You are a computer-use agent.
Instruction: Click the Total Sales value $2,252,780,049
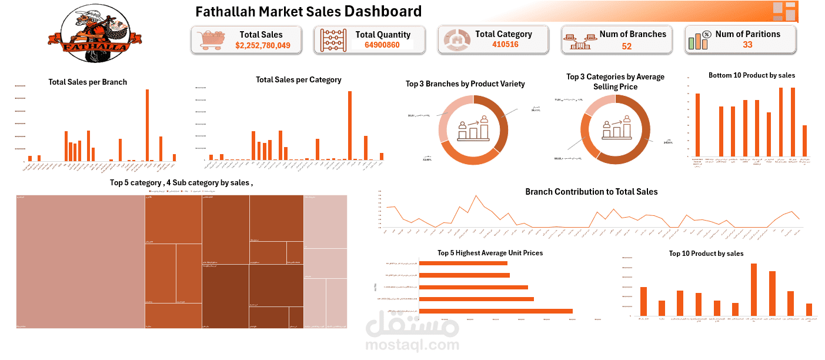[x=263, y=45]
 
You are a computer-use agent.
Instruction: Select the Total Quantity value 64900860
[x=382, y=45]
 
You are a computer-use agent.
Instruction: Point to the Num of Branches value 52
[x=626, y=46]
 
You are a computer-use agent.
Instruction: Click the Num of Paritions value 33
[x=747, y=45]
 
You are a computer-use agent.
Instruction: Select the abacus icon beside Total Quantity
[x=333, y=40]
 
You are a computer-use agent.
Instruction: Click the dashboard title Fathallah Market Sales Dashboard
[x=308, y=12]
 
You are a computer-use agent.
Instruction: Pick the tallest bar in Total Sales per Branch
[x=147, y=125]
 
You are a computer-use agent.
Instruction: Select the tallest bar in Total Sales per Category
[x=350, y=125]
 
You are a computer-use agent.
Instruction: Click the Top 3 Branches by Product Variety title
[x=465, y=84]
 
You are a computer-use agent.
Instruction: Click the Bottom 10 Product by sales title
[x=751, y=75]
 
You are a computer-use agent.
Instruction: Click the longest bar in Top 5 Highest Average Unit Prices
[x=495, y=311]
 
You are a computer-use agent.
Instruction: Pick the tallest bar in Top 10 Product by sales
[x=754, y=289]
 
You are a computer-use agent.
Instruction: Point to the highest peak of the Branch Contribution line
[x=476, y=196]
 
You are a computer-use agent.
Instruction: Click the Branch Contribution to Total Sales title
[x=591, y=192]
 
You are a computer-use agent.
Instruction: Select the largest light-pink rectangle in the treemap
[x=81, y=261]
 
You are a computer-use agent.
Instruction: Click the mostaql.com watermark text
[x=412, y=344]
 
